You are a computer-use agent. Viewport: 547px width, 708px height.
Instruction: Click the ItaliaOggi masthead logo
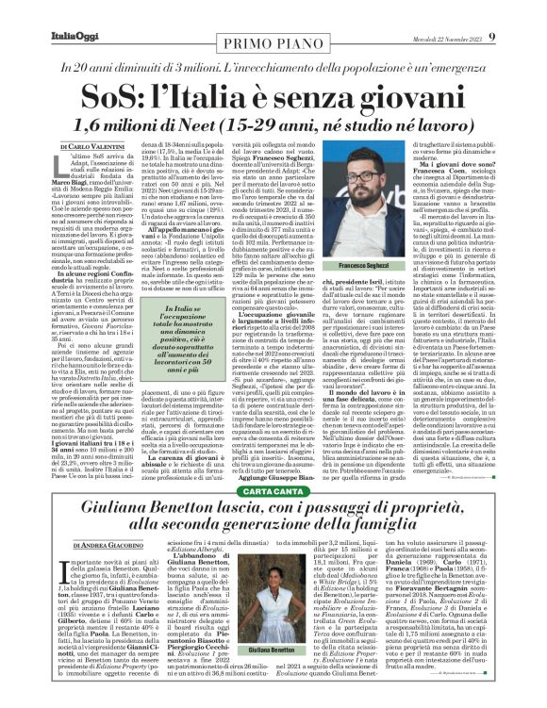pos(41,10)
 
